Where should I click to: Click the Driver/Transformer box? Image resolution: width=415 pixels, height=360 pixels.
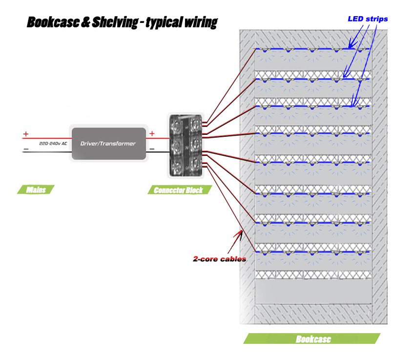109,144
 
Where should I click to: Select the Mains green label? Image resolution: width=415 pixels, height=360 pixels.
37,190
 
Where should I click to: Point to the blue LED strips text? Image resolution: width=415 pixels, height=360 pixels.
368,19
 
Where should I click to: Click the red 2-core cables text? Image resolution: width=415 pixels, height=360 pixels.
219,259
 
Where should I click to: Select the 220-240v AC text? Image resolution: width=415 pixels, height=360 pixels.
53,144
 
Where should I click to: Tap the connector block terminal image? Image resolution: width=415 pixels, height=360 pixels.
185,145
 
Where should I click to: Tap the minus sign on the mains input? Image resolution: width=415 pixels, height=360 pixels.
26,149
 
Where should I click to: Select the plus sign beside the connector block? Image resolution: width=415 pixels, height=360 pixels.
152,133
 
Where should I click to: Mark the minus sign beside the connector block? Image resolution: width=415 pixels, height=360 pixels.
152,148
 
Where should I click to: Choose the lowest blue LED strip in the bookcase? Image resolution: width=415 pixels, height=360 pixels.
312,252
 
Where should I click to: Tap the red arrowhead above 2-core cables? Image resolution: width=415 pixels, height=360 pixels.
239,234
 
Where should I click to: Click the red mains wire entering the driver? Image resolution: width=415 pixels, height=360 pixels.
49,138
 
